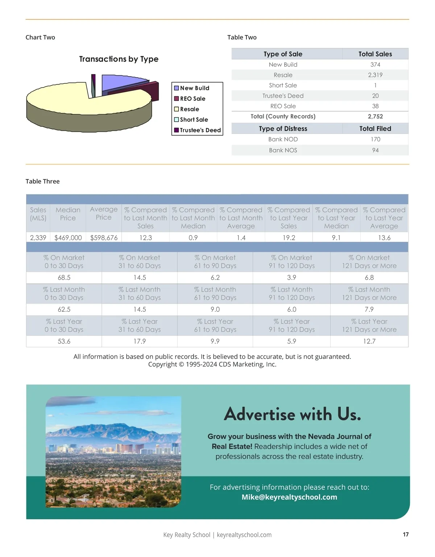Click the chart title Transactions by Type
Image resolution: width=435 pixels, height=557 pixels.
click(x=119, y=59)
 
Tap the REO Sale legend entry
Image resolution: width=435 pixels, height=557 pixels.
click(x=192, y=99)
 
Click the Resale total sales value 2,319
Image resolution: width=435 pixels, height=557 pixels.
click(x=375, y=75)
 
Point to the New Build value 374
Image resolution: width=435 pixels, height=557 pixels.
click(x=375, y=65)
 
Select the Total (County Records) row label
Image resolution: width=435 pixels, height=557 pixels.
click(x=283, y=116)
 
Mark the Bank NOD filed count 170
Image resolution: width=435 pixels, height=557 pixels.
click(x=375, y=139)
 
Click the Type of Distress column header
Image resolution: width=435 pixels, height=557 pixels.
click(x=283, y=129)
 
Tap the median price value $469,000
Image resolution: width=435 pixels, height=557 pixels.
click(x=68, y=238)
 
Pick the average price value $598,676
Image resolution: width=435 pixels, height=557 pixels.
click(x=104, y=238)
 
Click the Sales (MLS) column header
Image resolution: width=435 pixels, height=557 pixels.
click(x=38, y=214)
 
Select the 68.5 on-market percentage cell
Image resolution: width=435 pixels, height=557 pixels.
click(x=64, y=278)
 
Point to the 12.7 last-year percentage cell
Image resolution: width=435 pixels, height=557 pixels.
click(x=369, y=341)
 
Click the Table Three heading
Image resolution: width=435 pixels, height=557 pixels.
click(x=42, y=181)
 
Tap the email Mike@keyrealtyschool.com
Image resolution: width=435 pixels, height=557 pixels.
click(x=289, y=497)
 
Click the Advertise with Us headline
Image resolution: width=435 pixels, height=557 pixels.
click(x=292, y=414)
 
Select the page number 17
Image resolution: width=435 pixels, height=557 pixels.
click(x=406, y=535)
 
